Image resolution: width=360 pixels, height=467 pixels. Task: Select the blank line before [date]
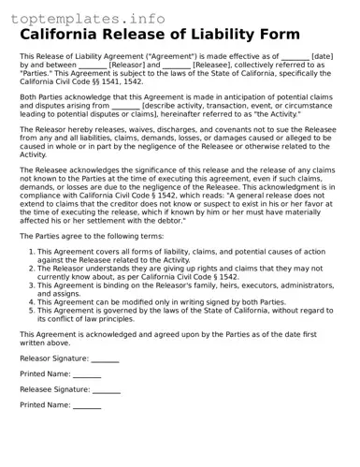point(295,57)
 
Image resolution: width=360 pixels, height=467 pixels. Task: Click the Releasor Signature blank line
point(105,358)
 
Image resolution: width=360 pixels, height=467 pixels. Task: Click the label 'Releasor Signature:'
point(55,358)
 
